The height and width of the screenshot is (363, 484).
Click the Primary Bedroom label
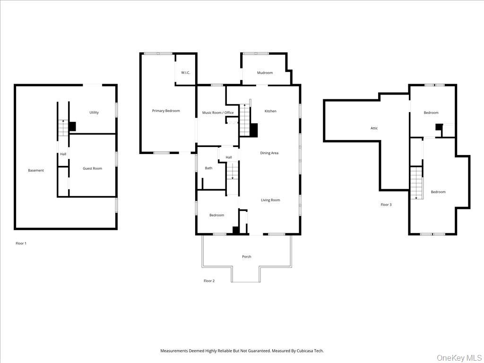pos(166,111)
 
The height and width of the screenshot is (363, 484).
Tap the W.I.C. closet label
pos(185,72)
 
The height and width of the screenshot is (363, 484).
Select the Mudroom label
pos(265,73)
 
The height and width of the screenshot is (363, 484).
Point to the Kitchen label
pos(270,111)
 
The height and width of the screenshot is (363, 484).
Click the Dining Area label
pos(269,153)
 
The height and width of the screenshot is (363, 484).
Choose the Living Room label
pos(270,200)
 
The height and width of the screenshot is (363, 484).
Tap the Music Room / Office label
pos(218,112)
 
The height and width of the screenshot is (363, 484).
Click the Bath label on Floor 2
pos(208,168)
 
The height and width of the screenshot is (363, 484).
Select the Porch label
pos(246,257)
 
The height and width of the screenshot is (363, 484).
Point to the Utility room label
pos(94,112)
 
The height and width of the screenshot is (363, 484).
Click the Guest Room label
pos(92,168)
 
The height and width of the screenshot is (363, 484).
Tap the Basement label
pos(36,170)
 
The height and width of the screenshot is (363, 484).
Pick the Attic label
pos(374,128)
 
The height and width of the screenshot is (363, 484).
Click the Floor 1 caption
pos(21,243)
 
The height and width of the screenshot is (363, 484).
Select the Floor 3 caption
pos(386,205)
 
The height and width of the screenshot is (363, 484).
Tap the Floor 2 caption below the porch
pos(209,281)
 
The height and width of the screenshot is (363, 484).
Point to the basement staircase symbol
pos(63,128)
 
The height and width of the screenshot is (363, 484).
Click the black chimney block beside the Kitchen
pos(254,130)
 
